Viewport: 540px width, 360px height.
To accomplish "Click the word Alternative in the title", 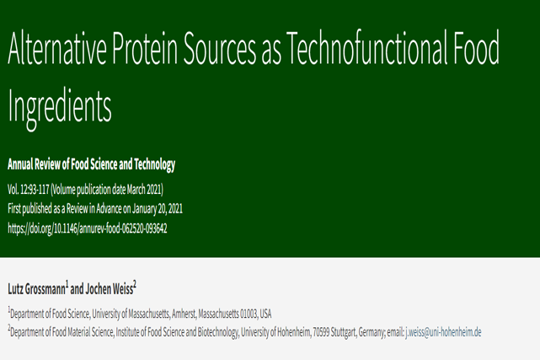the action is pos(56,47).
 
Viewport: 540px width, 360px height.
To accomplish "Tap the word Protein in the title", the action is pos(145,47).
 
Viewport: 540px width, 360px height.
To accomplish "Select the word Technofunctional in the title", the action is pos(366,47).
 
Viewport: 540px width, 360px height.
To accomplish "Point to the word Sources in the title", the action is pos(220,47).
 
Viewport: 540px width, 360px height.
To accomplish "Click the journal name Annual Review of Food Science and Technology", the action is pos(91,164).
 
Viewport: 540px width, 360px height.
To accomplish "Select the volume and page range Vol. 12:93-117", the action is pos(29,190).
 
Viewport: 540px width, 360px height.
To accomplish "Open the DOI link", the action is pos(88,228).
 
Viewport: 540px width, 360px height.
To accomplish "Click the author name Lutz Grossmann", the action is pos(36,289).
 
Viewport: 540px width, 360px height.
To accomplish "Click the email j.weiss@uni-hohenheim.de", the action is pos(443,332).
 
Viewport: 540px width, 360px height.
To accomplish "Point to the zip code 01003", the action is pos(249,314).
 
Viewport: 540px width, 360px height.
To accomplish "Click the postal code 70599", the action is pos(321,332).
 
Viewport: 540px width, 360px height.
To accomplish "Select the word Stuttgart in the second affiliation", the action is pos(344,332).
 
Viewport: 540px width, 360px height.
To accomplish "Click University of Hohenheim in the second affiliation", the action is pos(275,332).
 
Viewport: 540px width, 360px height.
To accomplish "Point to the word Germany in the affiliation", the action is pos(372,332).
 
